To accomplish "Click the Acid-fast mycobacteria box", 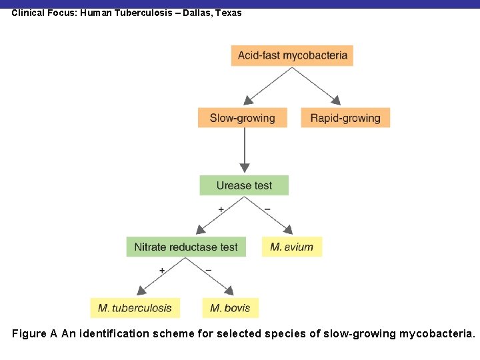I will click(x=292, y=55).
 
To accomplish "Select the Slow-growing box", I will click(x=242, y=118).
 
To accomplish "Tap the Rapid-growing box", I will click(x=345, y=118).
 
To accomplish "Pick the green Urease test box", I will click(x=244, y=185).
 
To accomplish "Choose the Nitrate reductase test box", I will click(x=186, y=247).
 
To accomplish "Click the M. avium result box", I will click(x=291, y=247).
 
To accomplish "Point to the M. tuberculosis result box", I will click(x=135, y=307).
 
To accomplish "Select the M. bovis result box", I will click(x=230, y=307).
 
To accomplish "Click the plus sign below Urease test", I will click(x=221, y=209).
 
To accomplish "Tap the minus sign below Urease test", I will click(x=267, y=209).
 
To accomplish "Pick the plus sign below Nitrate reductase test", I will click(x=161, y=270).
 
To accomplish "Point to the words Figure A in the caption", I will click(x=35, y=333).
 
